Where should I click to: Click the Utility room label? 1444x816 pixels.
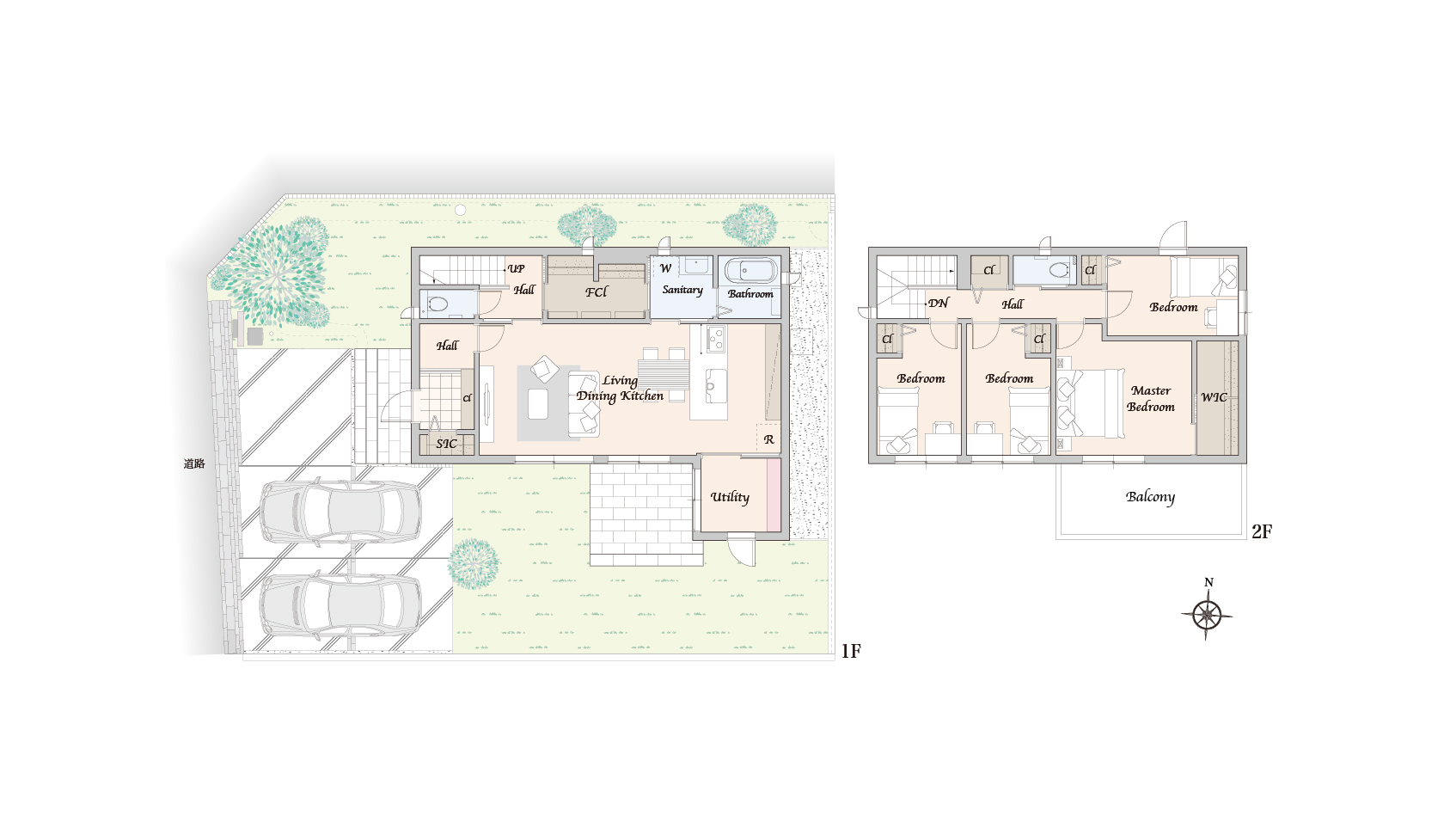click(730, 497)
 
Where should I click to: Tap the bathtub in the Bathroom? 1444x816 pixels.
click(751, 271)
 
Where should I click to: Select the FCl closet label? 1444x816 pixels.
click(597, 292)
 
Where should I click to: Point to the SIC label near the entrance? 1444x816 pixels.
click(446, 444)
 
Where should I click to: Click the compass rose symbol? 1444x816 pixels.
click(1207, 615)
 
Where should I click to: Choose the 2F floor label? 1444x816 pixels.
click(1262, 531)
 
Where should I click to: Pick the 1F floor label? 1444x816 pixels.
click(851, 652)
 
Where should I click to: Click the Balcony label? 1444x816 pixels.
click(1151, 497)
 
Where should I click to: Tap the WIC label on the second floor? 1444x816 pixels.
click(1214, 397)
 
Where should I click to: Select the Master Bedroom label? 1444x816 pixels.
click(1151, 399)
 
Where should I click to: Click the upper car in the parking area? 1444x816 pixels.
click(340, 512)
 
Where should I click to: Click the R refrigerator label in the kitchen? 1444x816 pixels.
click(768, 439)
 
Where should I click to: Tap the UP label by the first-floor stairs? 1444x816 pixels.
click(516, 269)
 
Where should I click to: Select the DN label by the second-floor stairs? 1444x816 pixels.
click(938, 304)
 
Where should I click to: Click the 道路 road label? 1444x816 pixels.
click(194, 463)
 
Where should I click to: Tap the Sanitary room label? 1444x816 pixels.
click(682, 291)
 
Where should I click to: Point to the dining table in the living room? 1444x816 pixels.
click(664, 375)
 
